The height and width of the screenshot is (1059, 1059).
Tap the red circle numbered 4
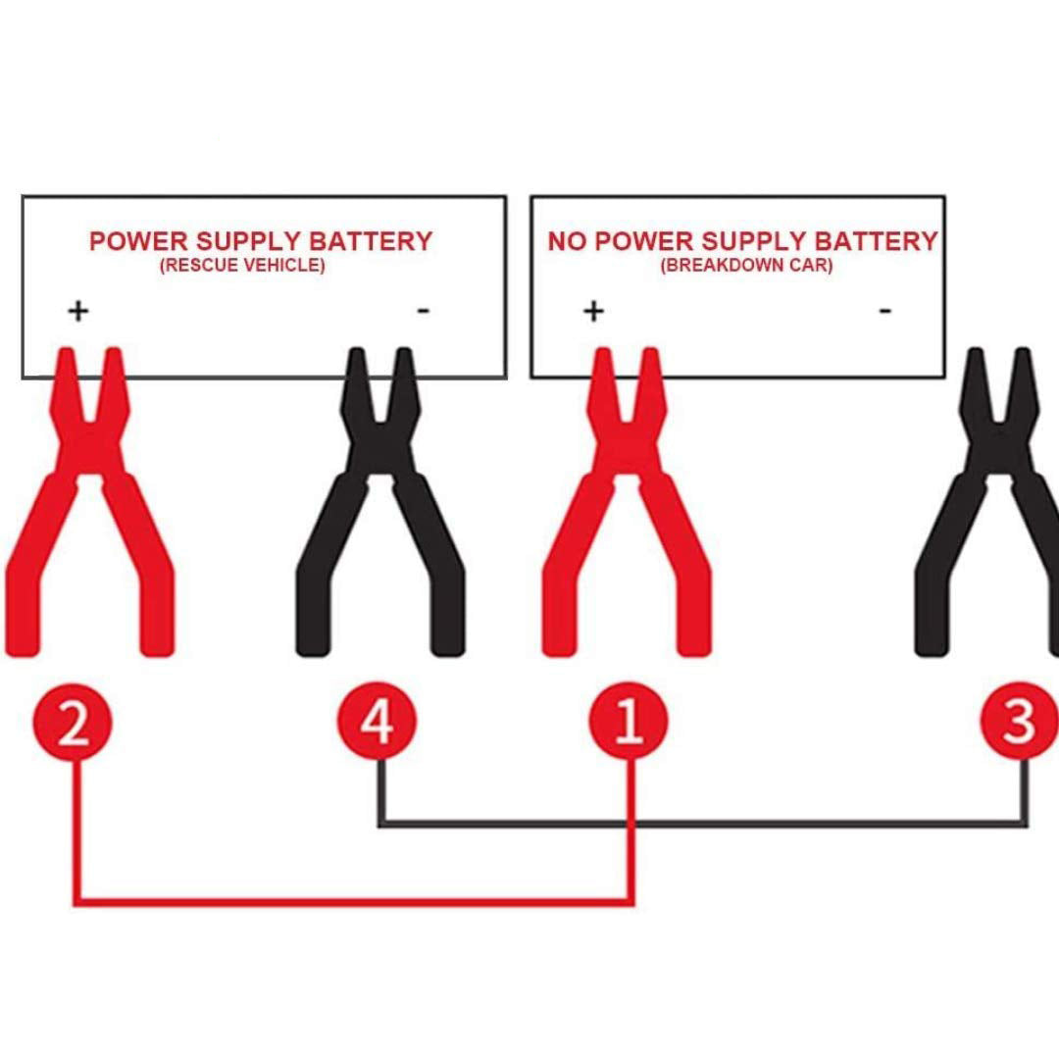pos(377,724)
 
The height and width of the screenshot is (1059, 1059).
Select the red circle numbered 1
pos(628,724)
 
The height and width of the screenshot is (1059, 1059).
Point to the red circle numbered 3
pos(1020,724)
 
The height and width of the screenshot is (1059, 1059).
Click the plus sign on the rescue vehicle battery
pos(78,311)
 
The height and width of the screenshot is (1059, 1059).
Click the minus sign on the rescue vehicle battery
pos(424,311)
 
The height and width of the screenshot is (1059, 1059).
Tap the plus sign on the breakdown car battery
pos(593,311)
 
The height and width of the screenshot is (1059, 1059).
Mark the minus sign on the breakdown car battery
pos(884,311)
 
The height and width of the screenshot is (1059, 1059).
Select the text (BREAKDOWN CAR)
pos(746,265)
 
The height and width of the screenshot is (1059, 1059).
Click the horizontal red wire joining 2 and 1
pos(353,899)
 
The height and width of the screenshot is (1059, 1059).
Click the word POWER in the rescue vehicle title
pos(138,241)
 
